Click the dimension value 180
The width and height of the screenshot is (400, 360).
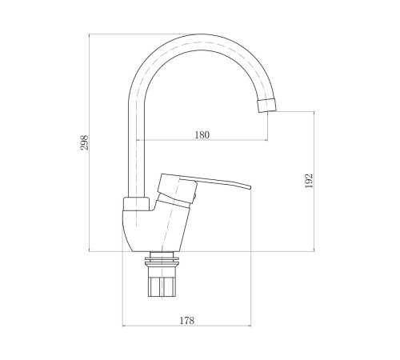coord(202,135)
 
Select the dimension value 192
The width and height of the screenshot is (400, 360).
coord(309,181)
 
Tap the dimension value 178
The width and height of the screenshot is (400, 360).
coord(186,320)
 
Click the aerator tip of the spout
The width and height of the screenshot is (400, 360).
coord(267,106)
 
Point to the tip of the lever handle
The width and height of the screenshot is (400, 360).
coord(250,186)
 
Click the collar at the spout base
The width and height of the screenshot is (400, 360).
coord(136,204)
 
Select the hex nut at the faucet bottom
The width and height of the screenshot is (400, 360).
coord(162,286)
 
